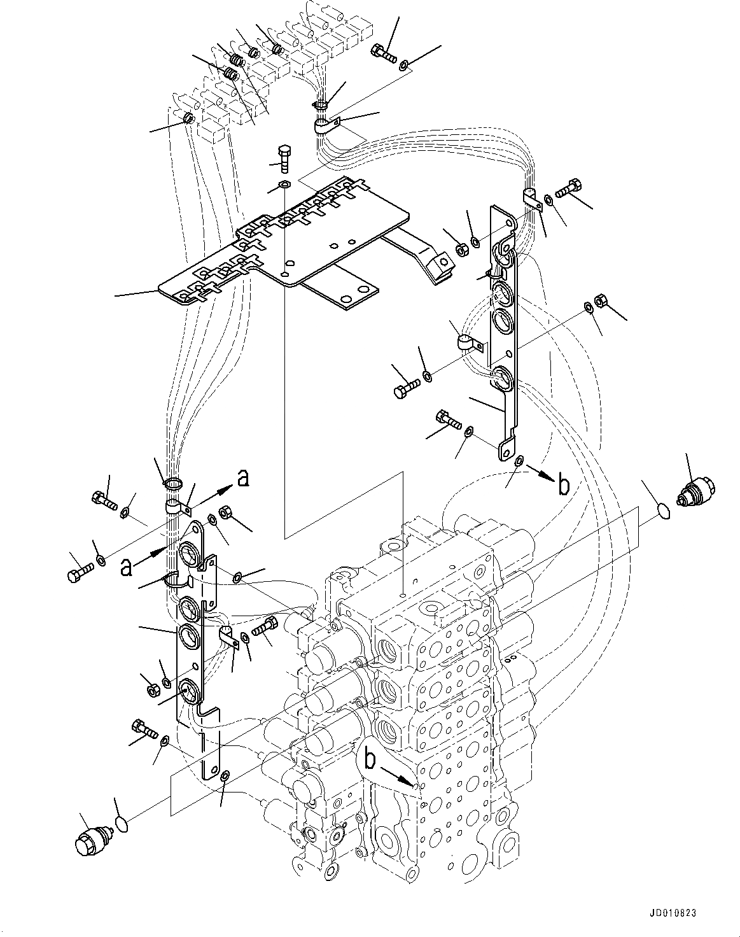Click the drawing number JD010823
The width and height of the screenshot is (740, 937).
point(674,913)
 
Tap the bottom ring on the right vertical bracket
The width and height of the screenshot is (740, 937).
point(503,378)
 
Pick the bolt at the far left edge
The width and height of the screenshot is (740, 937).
point(74,574)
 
